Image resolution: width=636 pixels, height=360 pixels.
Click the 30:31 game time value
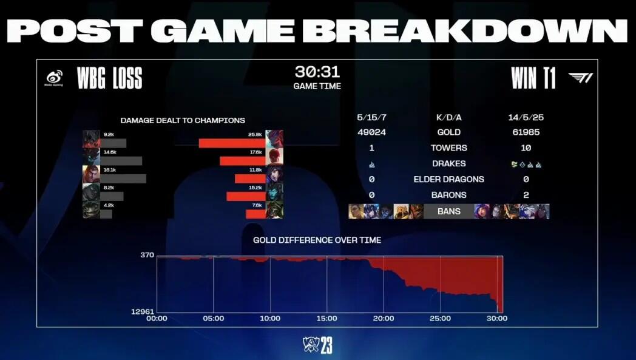[x=317, y=72]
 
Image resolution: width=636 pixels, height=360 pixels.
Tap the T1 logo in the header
[x=580, y=78]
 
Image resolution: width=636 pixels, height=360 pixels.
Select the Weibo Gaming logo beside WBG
[x=55, y=78]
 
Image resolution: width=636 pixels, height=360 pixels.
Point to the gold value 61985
[x=526, y=132]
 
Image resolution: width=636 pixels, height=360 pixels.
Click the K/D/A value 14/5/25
[x=526, y=117]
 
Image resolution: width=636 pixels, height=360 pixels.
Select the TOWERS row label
[x=448, y=148]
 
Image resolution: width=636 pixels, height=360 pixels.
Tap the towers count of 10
[x=526, y=148]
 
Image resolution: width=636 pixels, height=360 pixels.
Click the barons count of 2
[x=526, y=195]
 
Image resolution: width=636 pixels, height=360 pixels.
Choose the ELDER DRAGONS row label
[x=448, y=179]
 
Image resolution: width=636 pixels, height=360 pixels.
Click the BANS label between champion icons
[x=448, y=211]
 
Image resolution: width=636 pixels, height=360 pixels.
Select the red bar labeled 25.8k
[x=232, y=143]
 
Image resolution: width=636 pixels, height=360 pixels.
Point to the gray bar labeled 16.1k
[x=123, y=178]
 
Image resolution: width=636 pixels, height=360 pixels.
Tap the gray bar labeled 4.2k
[x=106, y=214]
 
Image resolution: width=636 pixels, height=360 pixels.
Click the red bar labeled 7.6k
[x=255, y=214]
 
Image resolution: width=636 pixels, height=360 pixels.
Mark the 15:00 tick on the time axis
[x=326, y=318]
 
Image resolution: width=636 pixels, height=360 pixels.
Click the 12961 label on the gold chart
[x=143, y=311]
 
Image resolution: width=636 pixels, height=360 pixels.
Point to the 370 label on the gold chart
[x=147, y=255]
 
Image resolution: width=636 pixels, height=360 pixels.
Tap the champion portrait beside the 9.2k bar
[x=91, y=139]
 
